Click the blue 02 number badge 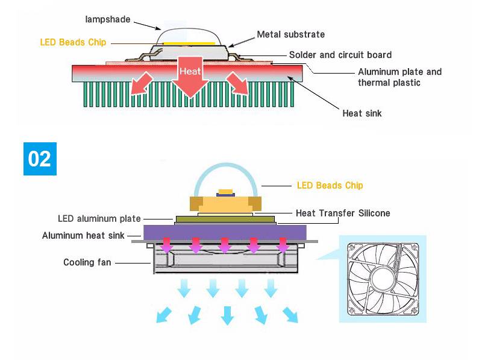pyautogui.click(x=40, y=159)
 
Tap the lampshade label pyautogui.click(x=107, y=19)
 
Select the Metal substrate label pyautogui.click(x=291, y=34)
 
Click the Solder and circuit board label pyautogui.click(x=340, y=55)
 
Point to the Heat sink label pyautogui.click(x=361, y=113)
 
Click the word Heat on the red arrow pyautogui.click(x=190, y=71)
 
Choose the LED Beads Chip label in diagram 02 pyautogui.click(x=330, y=185)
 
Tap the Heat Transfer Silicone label pyautogui.click(x=343, y=213)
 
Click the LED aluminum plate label pyautogui.click(x=99, y=218)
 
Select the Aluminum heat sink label pyautogui.click(x=83, y=235)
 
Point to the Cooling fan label pyautogui.click(x=87, y=262)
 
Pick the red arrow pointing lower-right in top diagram pyautogui.click(x=237, y=85)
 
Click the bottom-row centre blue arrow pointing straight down pyautogui.click(x=227, y=315)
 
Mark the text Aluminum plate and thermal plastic pyautogui.click(x=399, y=77)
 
